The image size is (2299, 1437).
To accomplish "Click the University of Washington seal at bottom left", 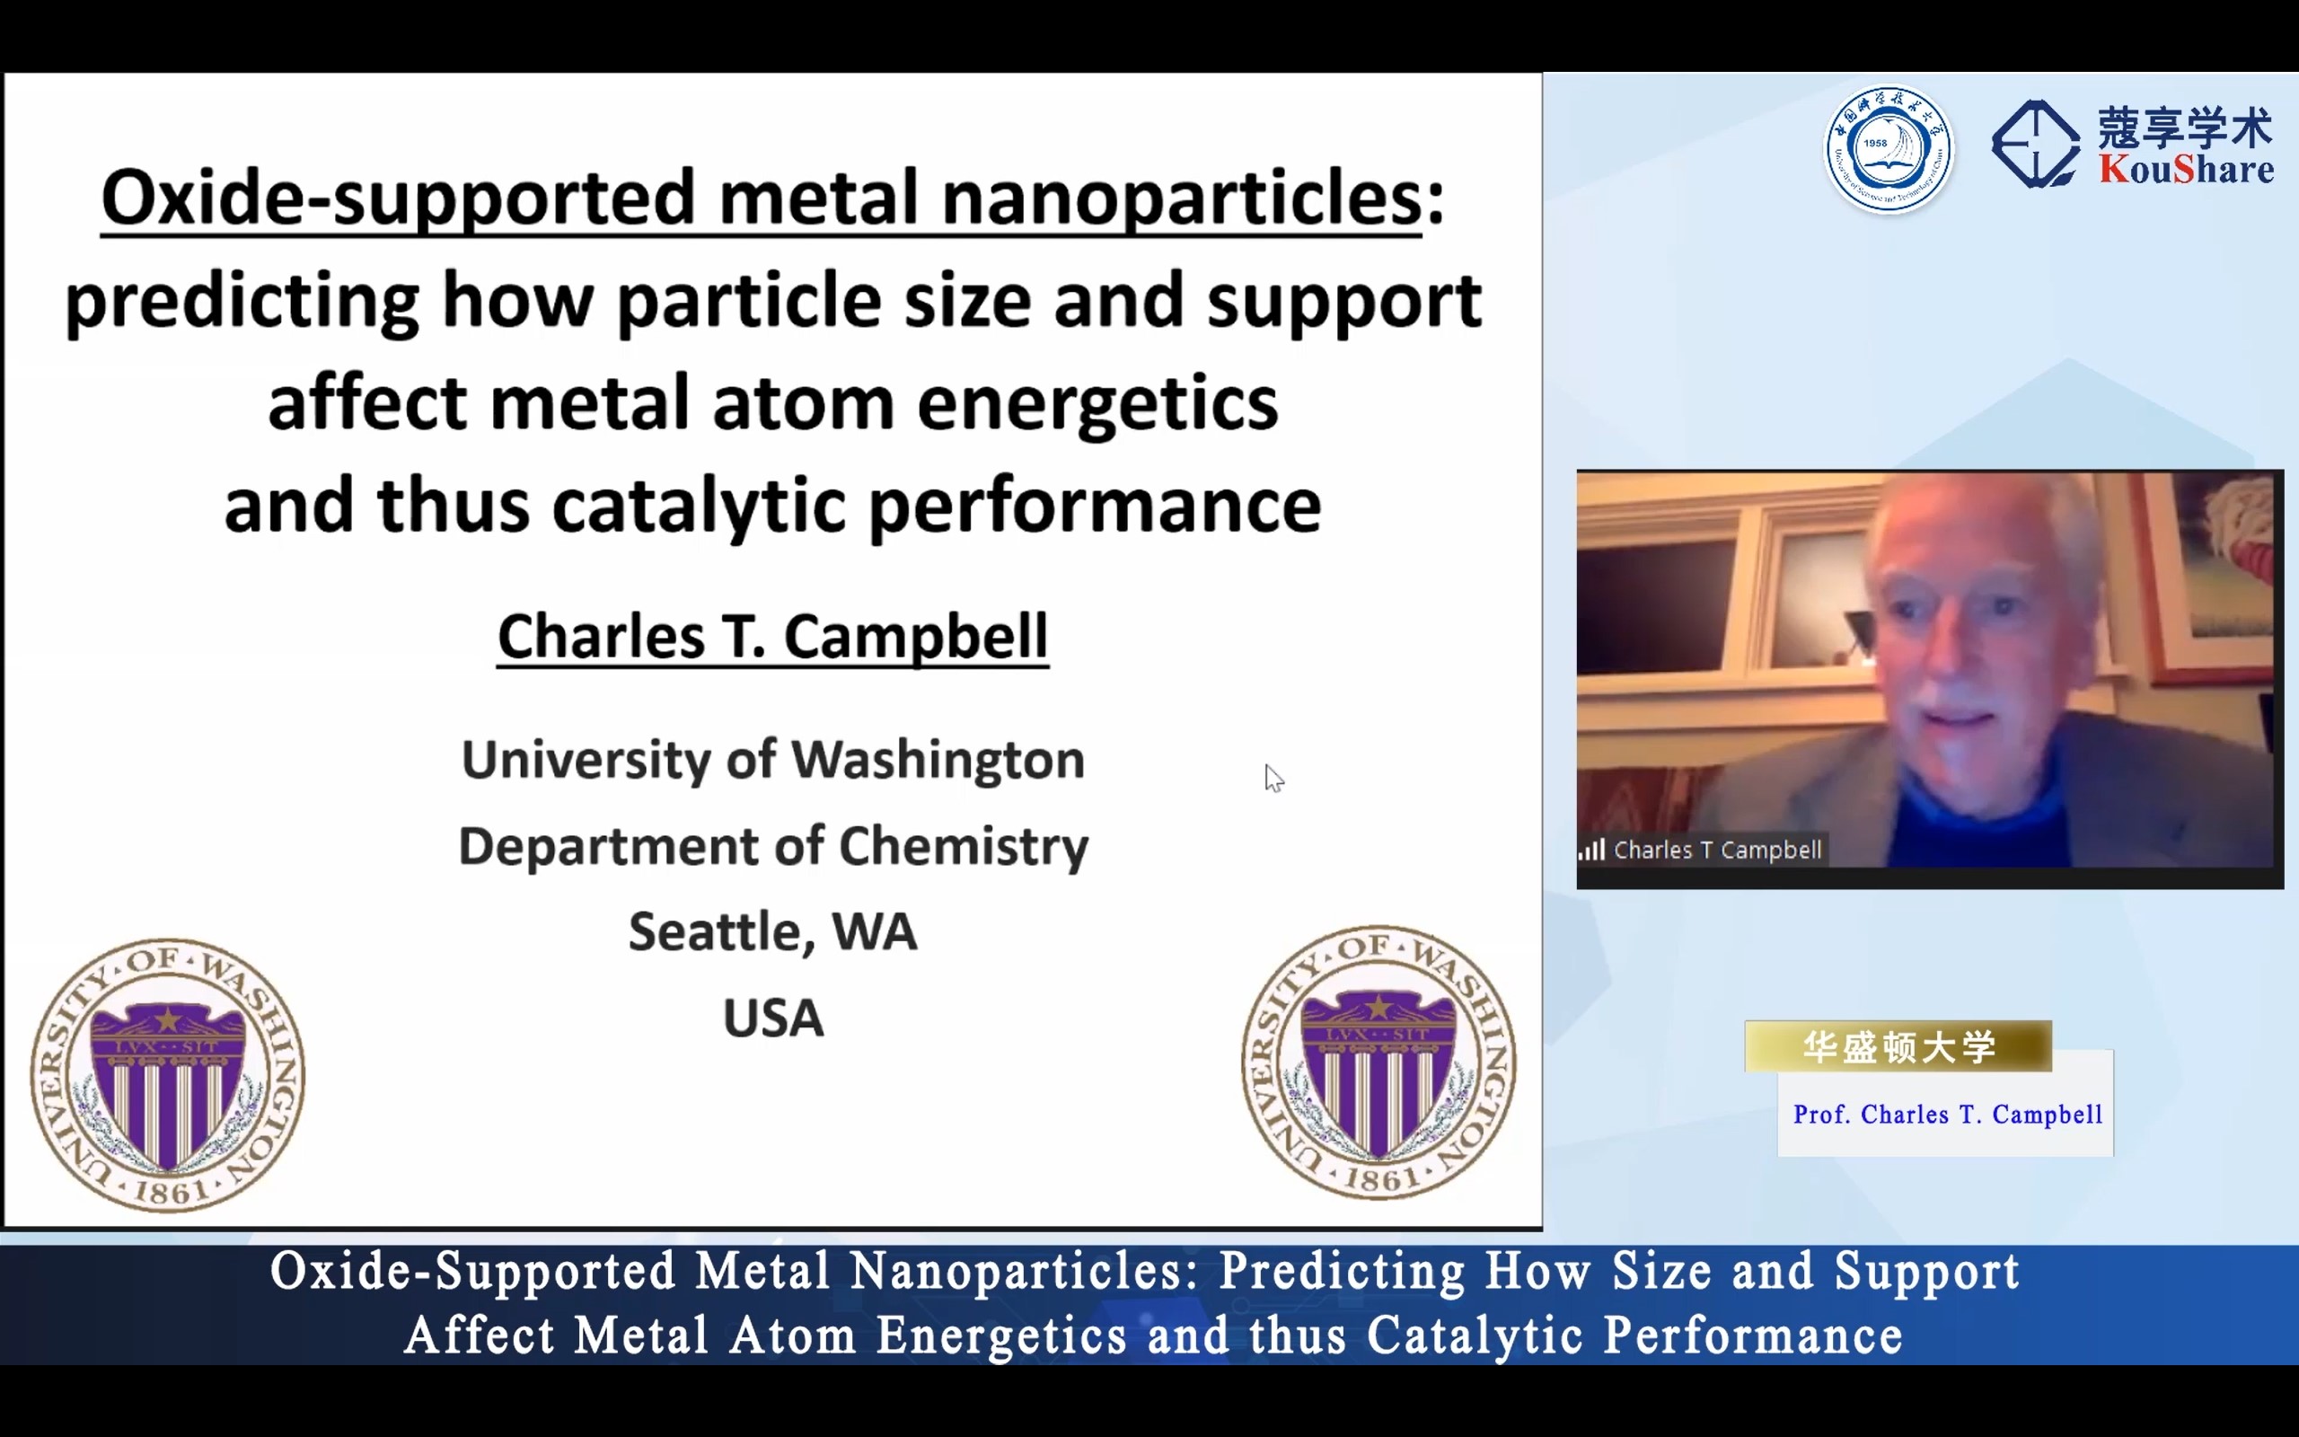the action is pyautogui.click(x=167, y=1075).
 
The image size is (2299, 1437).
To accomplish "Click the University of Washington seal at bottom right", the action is pyautogui.click(x=1379, y=1062).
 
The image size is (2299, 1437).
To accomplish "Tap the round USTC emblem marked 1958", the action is pyautogui.click(x=1889, y=149).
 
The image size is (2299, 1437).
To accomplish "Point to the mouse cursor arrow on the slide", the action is pyautogui.click(x=1274, y=778).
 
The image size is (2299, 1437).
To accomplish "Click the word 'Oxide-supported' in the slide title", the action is pyautogui.click(x=398, y=198).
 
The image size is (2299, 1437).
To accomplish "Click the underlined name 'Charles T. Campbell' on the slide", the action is pyautogui.click(x=772, y=637).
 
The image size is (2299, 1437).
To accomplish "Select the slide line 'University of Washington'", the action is pyautogui.click(x=772, y=761).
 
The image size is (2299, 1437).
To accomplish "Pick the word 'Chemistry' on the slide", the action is pyautogui.click(x=964, y=847).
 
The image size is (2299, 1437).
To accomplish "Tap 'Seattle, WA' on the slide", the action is pyautogui.click(x=772, y=932).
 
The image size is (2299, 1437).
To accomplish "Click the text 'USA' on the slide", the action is pyautogui.click(x=773, y=1018).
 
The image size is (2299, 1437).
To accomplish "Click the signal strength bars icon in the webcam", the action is pyautogui.click(x=1591, y=849).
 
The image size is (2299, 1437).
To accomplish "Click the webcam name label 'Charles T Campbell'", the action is pyautogui.click(x=1718, y=850).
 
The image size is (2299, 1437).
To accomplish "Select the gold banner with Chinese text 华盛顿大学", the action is pyautogui.click(x=1898, y=1046).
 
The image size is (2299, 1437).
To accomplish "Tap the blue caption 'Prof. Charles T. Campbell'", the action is pyautogui.click(x=1948, y=1114).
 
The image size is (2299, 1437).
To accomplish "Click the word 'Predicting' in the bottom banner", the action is pyautogui.click(x=1342, y=1272).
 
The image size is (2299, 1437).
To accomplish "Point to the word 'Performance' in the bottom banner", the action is pyautogui.click(x=1754, y=1336).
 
